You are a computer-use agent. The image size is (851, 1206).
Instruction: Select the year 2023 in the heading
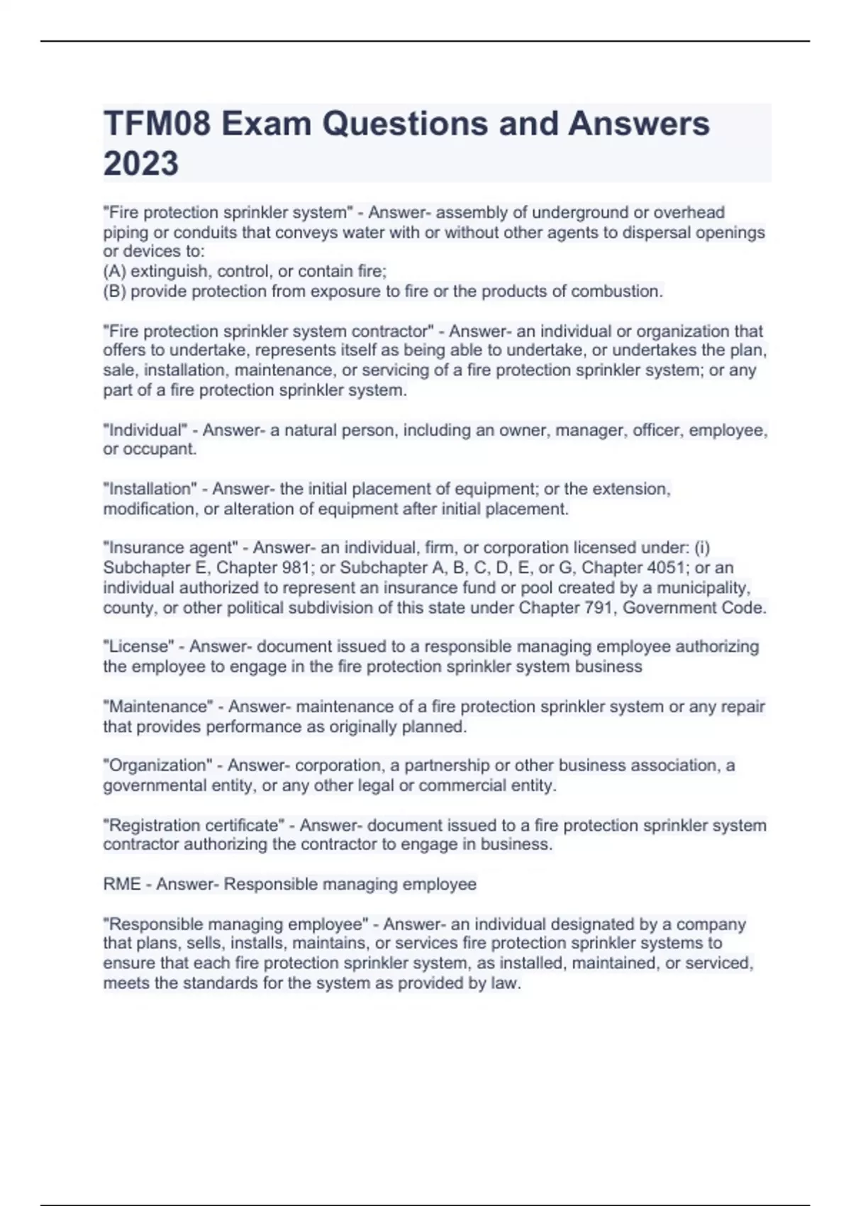pyautogui.click(x=141, y=164)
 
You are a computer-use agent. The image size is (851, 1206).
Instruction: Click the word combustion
pyautogui.click(x=616, y=292)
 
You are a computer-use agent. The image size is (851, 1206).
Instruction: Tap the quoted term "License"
pyautogui.click(x=138, y=647)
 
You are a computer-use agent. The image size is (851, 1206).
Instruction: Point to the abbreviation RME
pyautogui.click(x=122, y=885)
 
